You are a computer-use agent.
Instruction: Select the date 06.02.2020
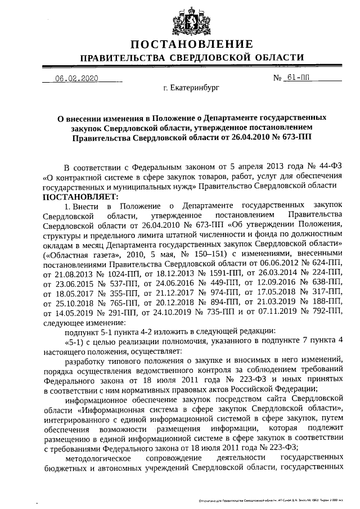click(x=76, y=78)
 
